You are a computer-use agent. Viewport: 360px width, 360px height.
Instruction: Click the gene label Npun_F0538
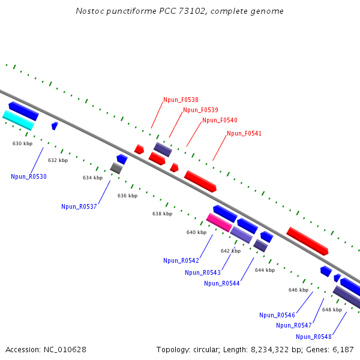pos(181,100)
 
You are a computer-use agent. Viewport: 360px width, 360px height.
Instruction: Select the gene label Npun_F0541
pos(244,133)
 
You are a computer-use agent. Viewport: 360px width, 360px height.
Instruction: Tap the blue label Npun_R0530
pos(29,176)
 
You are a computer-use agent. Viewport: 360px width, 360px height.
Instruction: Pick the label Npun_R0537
pos(79,206)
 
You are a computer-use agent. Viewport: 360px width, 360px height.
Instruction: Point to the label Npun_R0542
pos(181,260)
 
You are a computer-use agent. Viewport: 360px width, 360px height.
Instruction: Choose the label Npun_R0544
pos(222,283)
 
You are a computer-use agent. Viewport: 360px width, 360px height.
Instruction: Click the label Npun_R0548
pos(314,337)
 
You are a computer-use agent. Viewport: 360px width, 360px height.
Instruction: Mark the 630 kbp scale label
pos(22,143)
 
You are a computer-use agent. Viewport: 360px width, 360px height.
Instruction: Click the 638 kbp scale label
pos(162,214)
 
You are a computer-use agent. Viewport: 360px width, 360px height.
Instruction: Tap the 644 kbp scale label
pos(265,270)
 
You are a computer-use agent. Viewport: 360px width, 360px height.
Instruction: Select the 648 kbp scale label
pos(332,310)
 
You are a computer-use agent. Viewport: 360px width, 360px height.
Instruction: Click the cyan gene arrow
pos(18,120)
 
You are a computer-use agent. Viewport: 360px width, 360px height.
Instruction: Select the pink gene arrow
pos(219,222)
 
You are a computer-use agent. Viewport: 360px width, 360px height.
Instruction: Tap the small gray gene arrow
pos(116,168)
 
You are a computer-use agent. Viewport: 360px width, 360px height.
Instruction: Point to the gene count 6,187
pos(342,349)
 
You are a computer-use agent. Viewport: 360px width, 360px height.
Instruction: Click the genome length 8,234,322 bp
pos(267,349)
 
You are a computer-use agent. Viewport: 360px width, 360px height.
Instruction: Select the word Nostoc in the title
pos(89,11)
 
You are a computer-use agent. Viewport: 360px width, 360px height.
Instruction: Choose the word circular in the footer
pos(211,349)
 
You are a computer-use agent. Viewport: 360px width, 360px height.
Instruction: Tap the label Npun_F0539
pos(200,110)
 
